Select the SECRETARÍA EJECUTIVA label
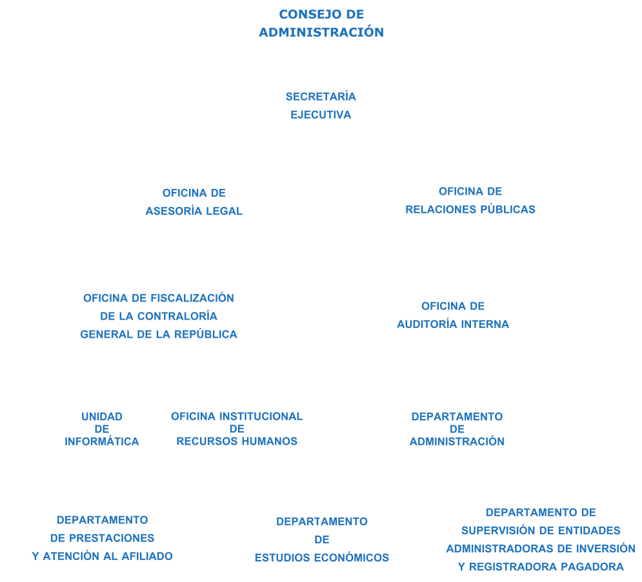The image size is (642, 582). [x=321, y=105]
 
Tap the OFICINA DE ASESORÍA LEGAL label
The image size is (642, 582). [x=194, y=202]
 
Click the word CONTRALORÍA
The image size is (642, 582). [x=177, y=316]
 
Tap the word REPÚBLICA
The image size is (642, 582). [x=206, y=334]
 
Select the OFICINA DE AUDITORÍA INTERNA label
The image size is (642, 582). [x=453, y=315]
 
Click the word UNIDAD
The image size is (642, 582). [x=102, y=416]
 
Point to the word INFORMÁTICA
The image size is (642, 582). [x=102, y=441]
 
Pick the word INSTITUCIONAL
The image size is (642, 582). [x=261, y=416]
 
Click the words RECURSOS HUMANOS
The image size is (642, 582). [x=237, y=441]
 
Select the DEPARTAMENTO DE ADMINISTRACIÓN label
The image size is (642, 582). [x=457, y=429]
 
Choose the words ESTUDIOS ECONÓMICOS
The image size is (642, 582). [x=322, y=558]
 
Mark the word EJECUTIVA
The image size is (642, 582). [x=321, y=115]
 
